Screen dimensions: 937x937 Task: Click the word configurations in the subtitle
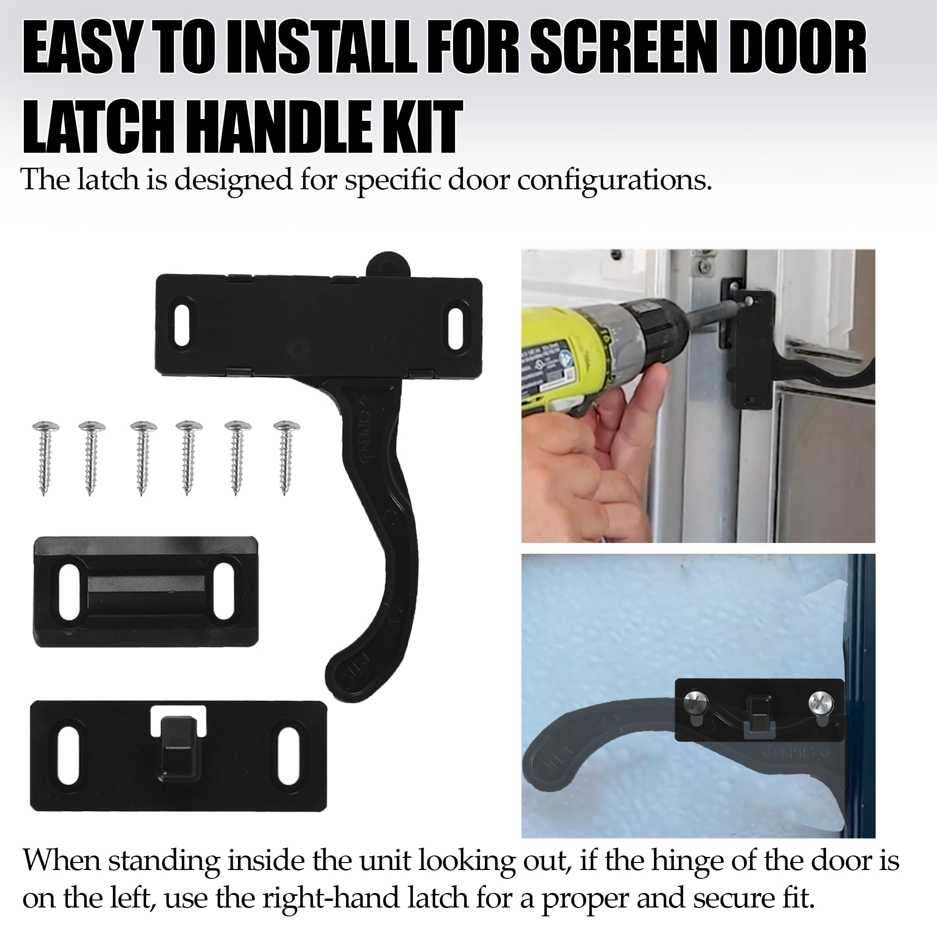614,181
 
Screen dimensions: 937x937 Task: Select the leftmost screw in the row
45,457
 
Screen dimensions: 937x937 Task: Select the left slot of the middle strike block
69,592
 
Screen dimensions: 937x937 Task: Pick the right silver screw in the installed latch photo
821,702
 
